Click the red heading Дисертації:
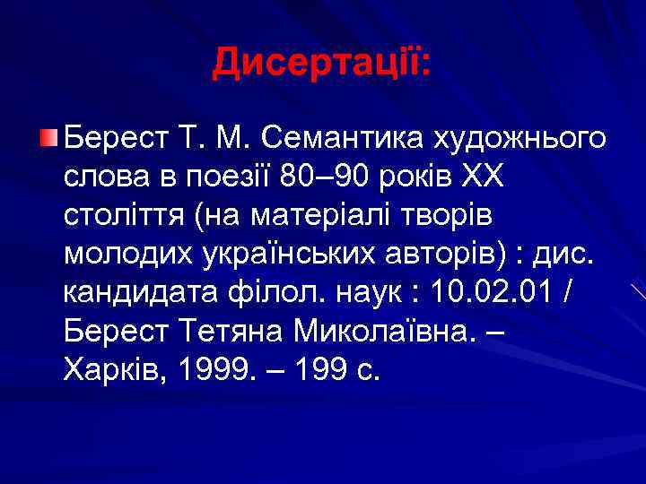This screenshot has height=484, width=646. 322,62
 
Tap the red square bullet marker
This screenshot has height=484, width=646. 48,138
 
